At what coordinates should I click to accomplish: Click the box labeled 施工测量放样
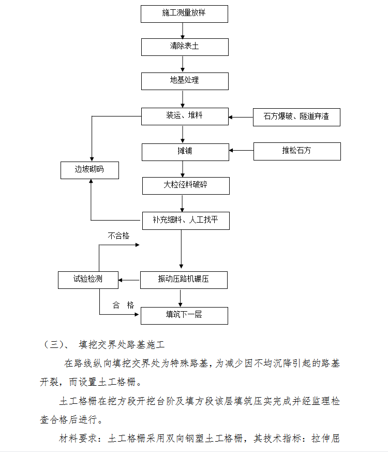click(x=184, y=14)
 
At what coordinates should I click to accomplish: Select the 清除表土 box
click(x=185, y=47)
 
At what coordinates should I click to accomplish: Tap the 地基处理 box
click(x=185, y=81)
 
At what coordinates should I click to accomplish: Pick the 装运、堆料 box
click(x=185, y=116)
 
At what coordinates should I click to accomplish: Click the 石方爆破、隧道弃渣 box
click(x=296, y=118)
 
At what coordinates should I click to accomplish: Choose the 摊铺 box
click(x=186, y=152)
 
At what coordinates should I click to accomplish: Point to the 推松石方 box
click(x=297, y=151)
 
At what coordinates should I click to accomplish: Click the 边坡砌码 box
click(x=89, y=170)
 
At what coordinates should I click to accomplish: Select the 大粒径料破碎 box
click(x=186, y=186)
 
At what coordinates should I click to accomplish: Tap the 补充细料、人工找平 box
click(x=186, y=221)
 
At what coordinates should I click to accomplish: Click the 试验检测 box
click(x=88, y=280)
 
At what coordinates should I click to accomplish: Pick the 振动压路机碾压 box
click(x=184, y=280)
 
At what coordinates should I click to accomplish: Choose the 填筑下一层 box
click(x=184, y=316)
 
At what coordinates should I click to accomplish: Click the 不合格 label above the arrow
click(x=118, y=236)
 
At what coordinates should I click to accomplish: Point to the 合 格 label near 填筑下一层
click(x=123, y=305)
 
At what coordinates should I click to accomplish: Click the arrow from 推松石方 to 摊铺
click(x=242, y=151)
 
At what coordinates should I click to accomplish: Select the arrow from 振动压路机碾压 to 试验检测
click(x=129, y=280)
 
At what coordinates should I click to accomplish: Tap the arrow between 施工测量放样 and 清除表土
click(x=183, y=31)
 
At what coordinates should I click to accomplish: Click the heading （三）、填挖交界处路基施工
click(x=103, y=344)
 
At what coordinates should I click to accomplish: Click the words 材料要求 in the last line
click(x=78, y=439)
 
